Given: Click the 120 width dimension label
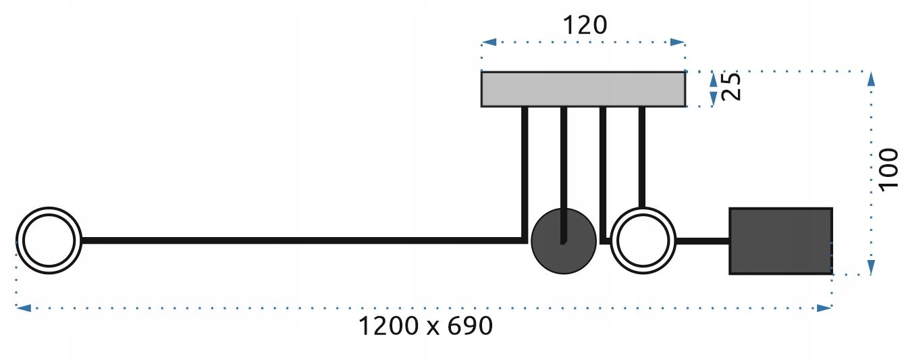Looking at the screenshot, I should click(x=585, y=25).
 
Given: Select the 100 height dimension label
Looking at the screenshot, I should click(x=888, y=169).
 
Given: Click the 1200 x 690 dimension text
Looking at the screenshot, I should click(x=425, y=327).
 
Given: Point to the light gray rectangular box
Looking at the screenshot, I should click(x=583, y=89).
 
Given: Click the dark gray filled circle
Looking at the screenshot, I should click(x=564, y=241).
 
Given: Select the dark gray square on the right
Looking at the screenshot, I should click(x=780, y=241).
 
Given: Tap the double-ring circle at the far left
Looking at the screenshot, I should click(x=49, y=240).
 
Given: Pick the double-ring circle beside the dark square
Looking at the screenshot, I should click(x=643, y=240).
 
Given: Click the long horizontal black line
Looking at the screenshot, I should click(x=297, y=240).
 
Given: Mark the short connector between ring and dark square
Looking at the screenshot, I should click(x=702, y=240).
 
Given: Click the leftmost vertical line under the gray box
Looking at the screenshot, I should click(x=524, y=169).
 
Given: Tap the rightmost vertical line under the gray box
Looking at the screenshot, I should click(x=642, y=155).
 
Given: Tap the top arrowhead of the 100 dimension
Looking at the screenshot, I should click(x=871, y=78).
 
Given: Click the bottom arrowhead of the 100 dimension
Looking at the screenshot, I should click(x=871, y=266).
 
